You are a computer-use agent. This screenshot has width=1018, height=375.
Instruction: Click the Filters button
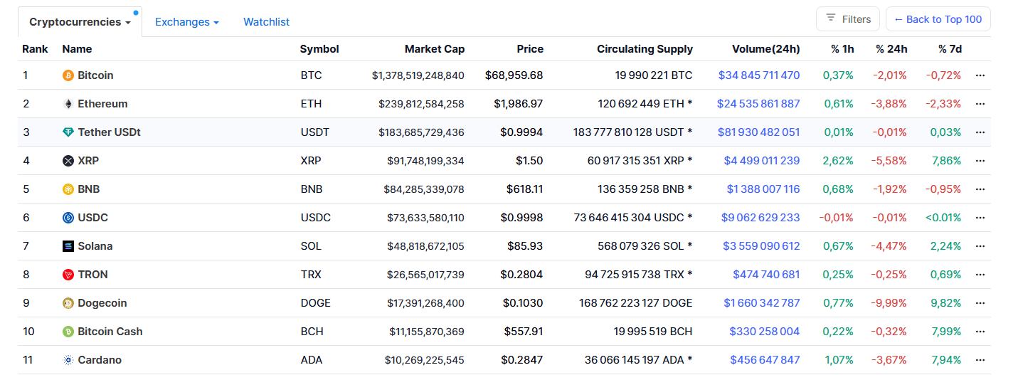tap(848, 19)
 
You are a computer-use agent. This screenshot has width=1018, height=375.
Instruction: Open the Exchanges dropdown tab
tap(186, 22)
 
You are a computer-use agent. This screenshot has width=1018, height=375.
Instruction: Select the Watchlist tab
tap(266, 22)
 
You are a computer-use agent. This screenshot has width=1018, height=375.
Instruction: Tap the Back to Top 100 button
tap(938, 19)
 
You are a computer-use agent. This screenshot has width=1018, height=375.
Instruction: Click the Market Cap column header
tap(434, 49)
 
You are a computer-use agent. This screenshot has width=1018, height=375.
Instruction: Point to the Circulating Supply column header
tap(645, 49)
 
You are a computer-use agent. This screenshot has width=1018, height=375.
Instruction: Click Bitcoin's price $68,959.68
tap(514, 75)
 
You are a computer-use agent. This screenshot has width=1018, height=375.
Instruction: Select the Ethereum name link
tap(102, 104)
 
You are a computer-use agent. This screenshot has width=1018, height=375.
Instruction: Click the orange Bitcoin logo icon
tap(68, 75)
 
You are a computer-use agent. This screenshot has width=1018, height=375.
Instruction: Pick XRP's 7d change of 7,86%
tap(945, 161)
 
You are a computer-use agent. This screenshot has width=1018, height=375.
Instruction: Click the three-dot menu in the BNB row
tap(980, 189)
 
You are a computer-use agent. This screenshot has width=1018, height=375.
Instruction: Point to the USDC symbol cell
tap(316, 218)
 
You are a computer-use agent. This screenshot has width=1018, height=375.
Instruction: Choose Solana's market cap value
tap(425, 246)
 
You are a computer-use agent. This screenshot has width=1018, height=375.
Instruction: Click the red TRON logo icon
tap(68, 275)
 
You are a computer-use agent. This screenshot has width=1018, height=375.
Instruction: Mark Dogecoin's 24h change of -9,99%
tap(889, 303)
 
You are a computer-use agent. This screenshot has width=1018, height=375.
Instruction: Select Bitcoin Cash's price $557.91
tap(523, 332)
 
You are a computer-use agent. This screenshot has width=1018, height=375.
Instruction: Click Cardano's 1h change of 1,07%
tap(839, 360)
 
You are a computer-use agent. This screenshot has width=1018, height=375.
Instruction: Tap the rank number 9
tap(26, 303)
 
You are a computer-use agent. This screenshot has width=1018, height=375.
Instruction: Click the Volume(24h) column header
tap(765, 49)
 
